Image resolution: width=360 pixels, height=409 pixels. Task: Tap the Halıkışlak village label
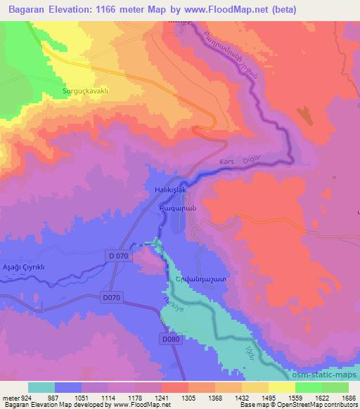[x=169, y=190]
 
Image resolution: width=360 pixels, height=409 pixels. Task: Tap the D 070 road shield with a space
[x=119, y=256]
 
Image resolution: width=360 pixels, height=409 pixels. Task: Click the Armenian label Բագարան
[x=172, y=208]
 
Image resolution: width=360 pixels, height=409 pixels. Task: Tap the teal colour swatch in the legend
[x=41, y=387]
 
